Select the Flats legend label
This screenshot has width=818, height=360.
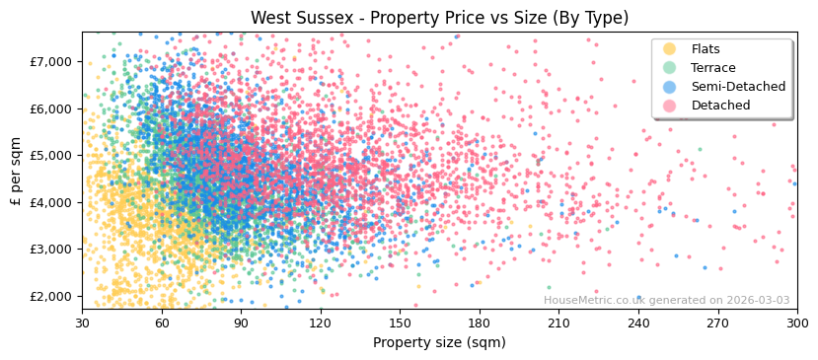[x=706, y=49]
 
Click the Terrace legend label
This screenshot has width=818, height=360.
[x=713, y=68]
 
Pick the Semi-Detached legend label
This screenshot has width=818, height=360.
[x=738, y=87]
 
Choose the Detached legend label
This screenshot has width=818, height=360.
[x=720, y=106]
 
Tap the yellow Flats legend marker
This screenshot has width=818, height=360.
[x=670, y=49]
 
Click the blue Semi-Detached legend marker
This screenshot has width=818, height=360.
[x=670, y=87]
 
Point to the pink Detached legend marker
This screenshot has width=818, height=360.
[x=670, y=106]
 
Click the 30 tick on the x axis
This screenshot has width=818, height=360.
[x=82, y=323]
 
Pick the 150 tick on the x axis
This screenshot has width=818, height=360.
[x=400, y=323]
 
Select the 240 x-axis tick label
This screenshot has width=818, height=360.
[x=638, y=323]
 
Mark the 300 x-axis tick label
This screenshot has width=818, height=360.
[x=797, y=323]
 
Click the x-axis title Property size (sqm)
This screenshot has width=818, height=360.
[x=439, y=342]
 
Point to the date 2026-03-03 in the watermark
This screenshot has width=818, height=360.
[x=756, y=300]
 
